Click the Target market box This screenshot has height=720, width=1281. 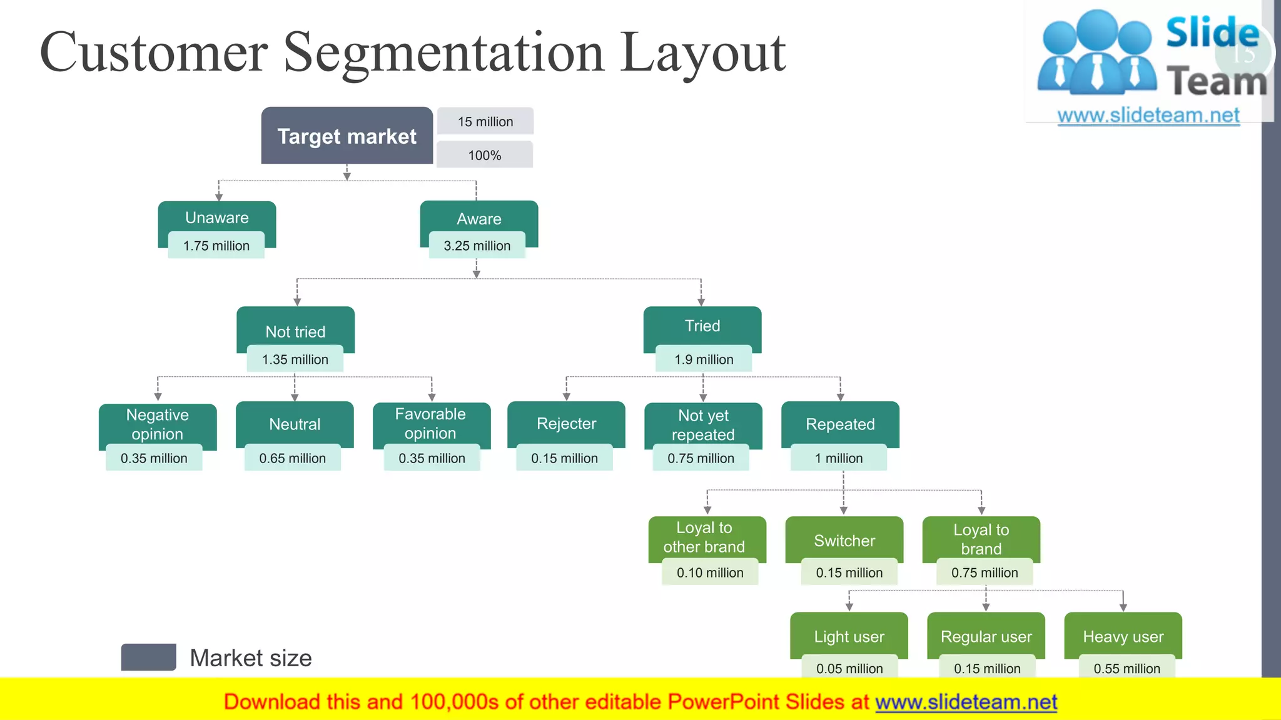347,136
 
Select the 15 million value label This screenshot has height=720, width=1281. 485,121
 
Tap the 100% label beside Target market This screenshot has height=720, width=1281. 485,155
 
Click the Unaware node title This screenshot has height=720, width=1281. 216,217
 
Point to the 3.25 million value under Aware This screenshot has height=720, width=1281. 477,246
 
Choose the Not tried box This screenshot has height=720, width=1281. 295,331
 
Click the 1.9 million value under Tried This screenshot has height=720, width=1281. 704,359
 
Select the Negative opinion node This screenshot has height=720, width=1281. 158,424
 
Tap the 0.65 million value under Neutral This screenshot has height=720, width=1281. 292,458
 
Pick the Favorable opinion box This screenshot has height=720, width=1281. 431,424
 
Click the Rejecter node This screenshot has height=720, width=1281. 566,424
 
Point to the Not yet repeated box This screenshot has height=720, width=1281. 703,425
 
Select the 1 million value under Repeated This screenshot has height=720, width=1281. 838,458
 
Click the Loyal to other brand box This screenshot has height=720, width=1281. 704,537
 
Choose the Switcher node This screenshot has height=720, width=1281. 844,540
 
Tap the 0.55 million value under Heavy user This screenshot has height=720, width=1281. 1127,668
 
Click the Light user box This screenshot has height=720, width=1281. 849,636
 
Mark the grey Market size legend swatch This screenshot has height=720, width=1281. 148,657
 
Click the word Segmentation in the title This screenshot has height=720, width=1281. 443,52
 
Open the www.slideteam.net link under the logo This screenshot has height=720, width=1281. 1148,116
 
